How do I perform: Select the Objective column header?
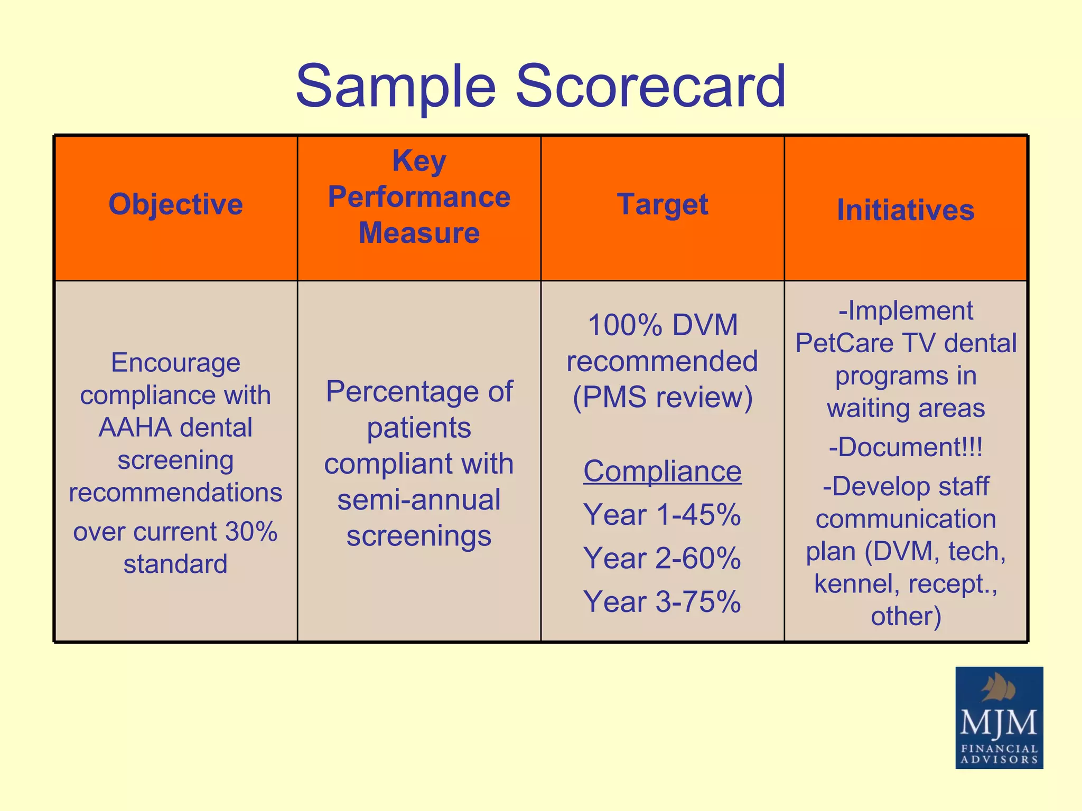[175, 204]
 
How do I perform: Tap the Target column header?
[663, 204]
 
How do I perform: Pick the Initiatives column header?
[906, 210]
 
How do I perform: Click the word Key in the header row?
[419, 161]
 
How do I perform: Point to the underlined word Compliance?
[663, 471]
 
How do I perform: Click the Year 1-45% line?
[663, 515]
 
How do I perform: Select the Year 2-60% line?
[663, 558]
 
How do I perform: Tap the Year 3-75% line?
[663, 602]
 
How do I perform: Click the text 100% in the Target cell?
[625, 325]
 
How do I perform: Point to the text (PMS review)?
[663, 397]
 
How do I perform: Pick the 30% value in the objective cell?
[251, 532]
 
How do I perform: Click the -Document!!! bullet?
[906, 447]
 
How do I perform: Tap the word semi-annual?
[419, 500]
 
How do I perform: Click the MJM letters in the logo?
[999, 723]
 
